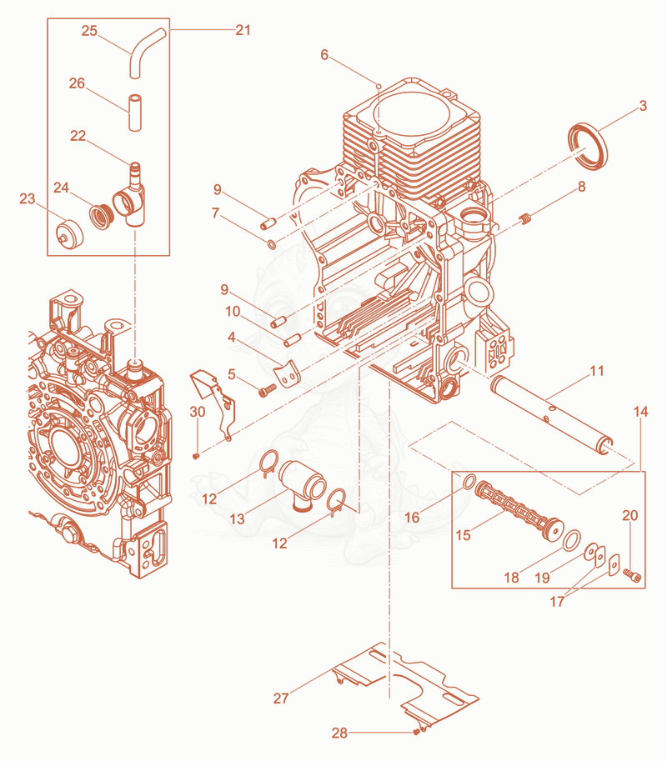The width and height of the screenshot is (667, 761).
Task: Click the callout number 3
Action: tap(643, 106)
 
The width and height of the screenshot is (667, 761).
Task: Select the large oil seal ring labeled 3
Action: tap(588, 147)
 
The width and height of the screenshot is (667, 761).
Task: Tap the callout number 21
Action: tap(243, 30)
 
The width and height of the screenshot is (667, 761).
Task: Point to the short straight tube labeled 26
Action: tap(134, 113)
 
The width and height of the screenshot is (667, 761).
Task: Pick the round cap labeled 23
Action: tap(68, 233)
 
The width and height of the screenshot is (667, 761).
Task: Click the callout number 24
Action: tap(61, 188)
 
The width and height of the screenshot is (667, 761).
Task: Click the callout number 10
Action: tap(233, 311)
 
